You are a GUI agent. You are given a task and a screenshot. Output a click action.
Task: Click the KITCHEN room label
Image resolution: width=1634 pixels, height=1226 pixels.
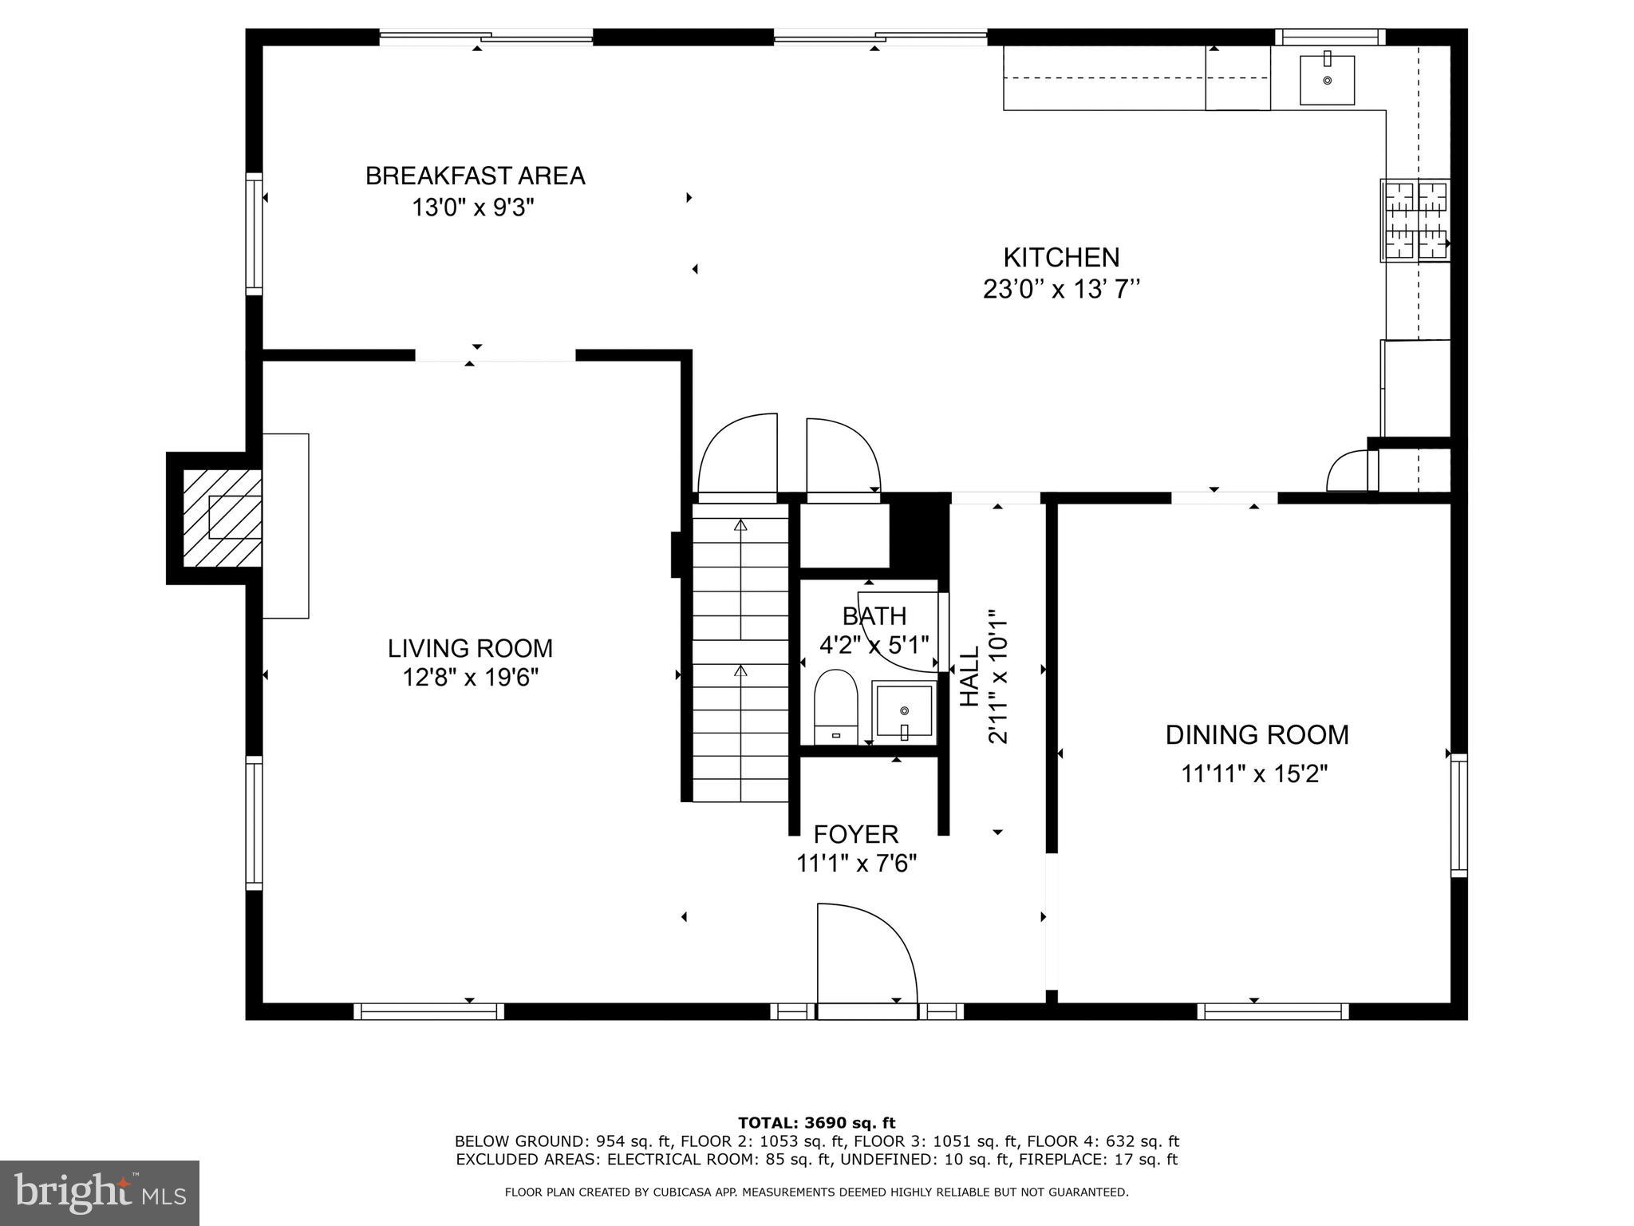pyautogui.click(x=1060, y=257)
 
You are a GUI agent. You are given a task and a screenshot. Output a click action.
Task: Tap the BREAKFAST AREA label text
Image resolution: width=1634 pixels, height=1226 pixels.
pyautogui.click(x=475, y=176)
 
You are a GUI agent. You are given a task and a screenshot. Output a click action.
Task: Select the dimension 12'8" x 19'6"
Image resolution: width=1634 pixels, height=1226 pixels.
pyautogui.click(x=470, y=678)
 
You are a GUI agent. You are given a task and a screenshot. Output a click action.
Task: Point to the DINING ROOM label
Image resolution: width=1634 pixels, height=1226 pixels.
pyautogui.click(x=1257, y=734)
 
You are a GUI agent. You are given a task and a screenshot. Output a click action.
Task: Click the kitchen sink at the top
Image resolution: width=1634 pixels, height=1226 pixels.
pyautogui.click(x=1327, y=80)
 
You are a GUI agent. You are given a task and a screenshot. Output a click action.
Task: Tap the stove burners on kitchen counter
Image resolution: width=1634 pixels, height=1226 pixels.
pyautogui.click(x=1415, y=221)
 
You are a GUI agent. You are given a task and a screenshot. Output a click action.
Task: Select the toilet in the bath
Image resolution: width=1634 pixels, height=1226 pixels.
pyautogui.click(x=835, y=706)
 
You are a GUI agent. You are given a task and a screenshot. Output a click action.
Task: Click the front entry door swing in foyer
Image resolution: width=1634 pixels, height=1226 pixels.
pyautogui.click(x=866, y=958)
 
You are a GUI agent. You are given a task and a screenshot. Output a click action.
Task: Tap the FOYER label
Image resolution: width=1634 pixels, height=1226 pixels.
pyautogui.click(x=855, y=834)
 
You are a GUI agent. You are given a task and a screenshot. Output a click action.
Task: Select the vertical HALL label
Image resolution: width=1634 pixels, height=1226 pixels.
pyautogui.click(x=969, y=676)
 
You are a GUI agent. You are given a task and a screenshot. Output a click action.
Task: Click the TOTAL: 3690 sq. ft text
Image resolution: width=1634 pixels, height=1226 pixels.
pyautogui.click(x=816, y=1123)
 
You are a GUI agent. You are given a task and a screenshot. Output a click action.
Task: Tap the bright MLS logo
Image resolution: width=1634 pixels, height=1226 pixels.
pyautogui.click(x=99, y=1193)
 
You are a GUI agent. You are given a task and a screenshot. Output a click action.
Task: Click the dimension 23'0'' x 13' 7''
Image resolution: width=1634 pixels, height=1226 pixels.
pyautogui.click(x=1060, y=289)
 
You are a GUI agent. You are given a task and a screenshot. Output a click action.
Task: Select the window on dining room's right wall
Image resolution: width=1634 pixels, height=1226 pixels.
pyautogui.click(x=1458, y=814)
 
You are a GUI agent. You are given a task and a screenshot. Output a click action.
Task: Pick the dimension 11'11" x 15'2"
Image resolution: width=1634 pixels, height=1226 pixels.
pyautogui.click(x=1253, y=773)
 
